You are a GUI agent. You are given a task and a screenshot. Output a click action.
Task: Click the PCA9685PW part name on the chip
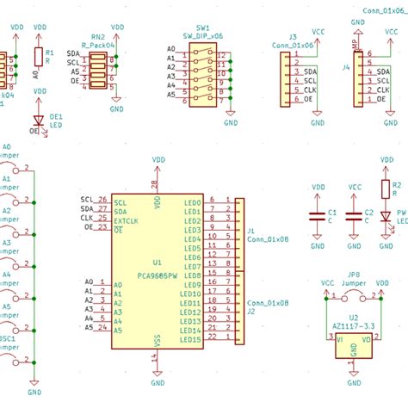pos(158,275)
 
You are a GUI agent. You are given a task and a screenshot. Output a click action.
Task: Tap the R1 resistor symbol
pos(37,57)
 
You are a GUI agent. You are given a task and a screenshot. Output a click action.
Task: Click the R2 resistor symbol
pos(384,189)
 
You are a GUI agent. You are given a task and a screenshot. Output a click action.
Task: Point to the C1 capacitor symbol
pos(318,216)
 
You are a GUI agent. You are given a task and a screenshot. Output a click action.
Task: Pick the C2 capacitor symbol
pos(354,216)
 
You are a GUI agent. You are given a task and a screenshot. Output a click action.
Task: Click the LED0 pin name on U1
pos(192,202)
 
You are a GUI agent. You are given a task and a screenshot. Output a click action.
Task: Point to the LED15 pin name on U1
pos(190,339)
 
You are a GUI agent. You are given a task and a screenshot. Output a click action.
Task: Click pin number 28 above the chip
pos(155,185)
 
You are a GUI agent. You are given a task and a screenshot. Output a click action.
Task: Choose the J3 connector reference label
pos(294,37)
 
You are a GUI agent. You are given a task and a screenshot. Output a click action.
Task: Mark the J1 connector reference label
pos(250,231)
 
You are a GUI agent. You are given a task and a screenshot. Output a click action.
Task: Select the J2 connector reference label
pos(250,312)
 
